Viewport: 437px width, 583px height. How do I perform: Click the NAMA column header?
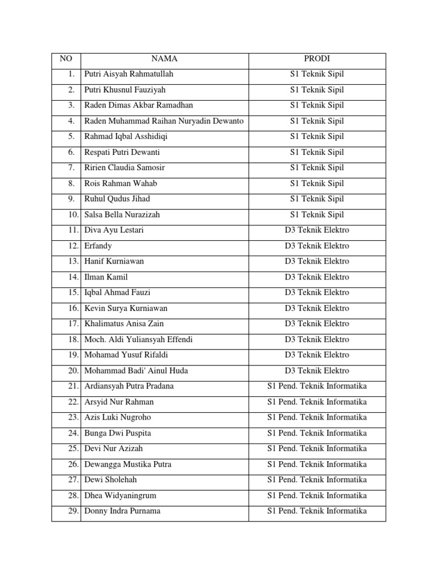tap(164, 59)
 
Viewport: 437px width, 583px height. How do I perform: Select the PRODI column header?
tap(317, 59)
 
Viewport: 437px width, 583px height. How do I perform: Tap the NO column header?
tap(65, 59)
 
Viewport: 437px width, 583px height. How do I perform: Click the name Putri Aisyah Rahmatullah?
tap(129, 74)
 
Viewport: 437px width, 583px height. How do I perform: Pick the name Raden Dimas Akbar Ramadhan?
tap(139, 105)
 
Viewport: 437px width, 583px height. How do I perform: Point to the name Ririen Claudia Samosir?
tap(125, 168)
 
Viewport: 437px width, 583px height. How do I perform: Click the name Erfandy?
tap(98, 246)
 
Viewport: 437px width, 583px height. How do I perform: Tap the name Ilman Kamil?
tap(106, 277)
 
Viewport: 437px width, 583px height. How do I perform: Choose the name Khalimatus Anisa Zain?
tap(124, 324)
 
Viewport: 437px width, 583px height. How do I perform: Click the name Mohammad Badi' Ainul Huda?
tap(136, 371)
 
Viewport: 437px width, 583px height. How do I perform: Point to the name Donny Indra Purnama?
tap(122, 511)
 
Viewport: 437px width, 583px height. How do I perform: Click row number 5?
tap(71, 137)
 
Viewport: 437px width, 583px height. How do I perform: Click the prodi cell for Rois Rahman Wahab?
tap(317, 183)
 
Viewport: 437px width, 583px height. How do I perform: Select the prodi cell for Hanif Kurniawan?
tap(317, 261)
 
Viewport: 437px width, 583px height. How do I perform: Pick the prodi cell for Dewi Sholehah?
tap(317, 480)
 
